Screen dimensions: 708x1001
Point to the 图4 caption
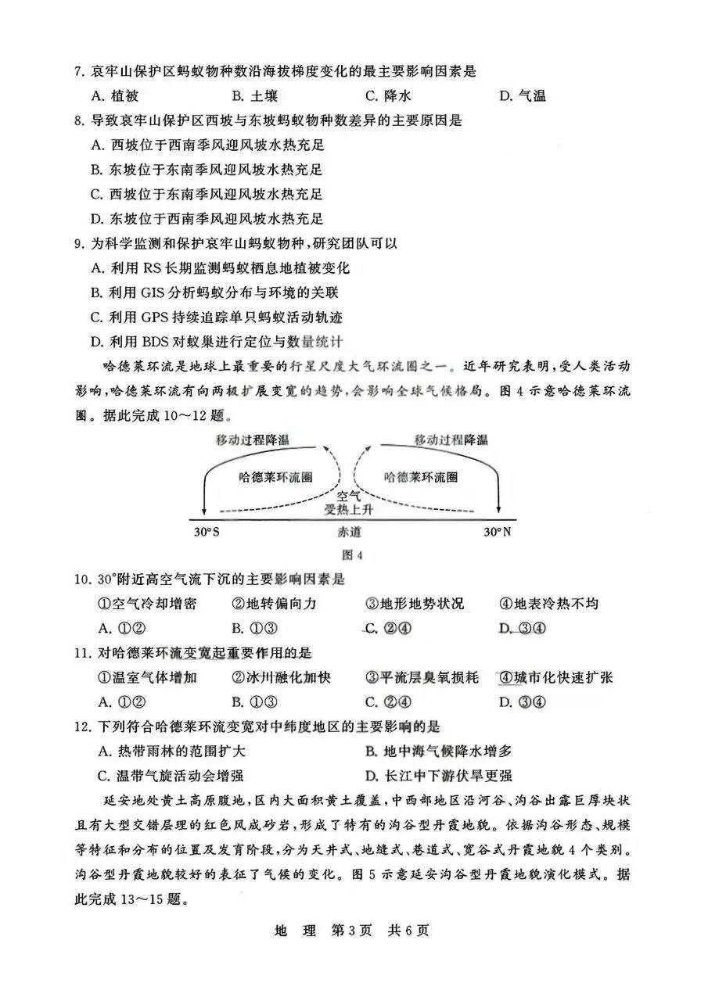tap(354, 556)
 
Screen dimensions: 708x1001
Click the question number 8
tap(78, 120)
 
